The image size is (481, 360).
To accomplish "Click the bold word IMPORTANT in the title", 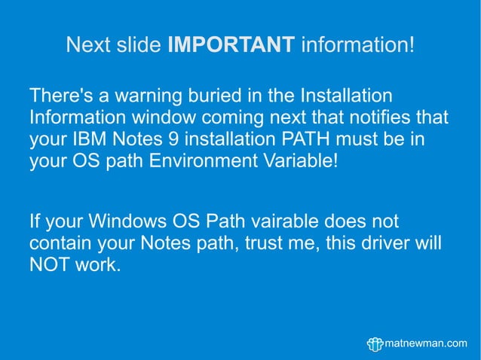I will (x=231, y=44).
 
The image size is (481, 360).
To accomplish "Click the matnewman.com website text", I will (x=427, y=343).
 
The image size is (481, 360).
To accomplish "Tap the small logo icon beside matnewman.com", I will (x=375, y=343).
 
